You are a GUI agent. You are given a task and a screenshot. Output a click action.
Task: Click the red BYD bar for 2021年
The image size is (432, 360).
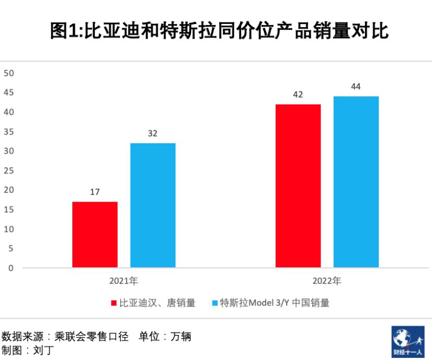click(95, 234)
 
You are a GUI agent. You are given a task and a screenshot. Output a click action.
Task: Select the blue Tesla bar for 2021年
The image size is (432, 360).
click(153, 205)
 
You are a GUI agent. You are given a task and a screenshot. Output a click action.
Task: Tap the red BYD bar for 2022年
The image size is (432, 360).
click(298, 186)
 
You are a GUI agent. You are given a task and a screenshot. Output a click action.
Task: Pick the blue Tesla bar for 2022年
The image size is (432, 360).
click(356, 182)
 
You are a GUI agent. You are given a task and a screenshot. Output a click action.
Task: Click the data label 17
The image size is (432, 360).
click(95, 192)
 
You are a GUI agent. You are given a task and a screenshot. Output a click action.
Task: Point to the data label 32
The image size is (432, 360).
click(153, 133)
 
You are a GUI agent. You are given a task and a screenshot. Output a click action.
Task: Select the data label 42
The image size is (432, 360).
click(298, 95)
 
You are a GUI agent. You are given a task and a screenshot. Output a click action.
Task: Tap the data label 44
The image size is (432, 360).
click(356, 86)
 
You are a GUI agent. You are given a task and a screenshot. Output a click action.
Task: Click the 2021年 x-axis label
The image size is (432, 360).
click(123, 281)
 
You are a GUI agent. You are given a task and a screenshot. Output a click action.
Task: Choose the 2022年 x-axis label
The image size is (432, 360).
click(327, 281)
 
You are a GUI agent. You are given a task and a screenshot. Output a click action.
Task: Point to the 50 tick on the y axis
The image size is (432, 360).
click(8, 73)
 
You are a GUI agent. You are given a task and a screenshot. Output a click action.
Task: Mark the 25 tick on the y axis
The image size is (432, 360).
click(8, 171)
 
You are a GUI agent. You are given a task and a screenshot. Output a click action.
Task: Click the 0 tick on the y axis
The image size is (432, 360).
click(11, 268)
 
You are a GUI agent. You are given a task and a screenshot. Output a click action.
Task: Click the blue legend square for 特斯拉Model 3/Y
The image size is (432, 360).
click(214, 303)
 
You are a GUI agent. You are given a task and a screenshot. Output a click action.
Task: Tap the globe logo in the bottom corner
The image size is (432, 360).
click(408, 342)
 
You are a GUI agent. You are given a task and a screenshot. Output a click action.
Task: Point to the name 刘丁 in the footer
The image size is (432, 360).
click(42, 350)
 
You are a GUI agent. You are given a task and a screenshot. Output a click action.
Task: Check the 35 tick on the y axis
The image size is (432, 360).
click(8, 132)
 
